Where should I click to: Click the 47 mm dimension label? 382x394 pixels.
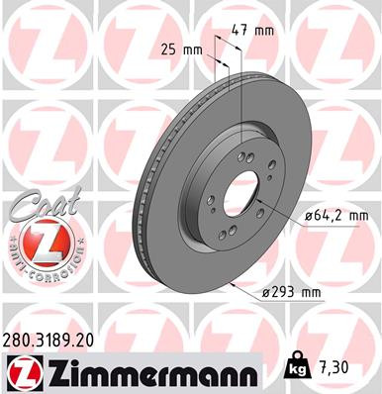tap(250, 30)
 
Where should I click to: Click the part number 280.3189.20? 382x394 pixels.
tap(58, 339)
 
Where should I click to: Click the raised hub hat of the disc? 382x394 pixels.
tap(213, 168)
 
